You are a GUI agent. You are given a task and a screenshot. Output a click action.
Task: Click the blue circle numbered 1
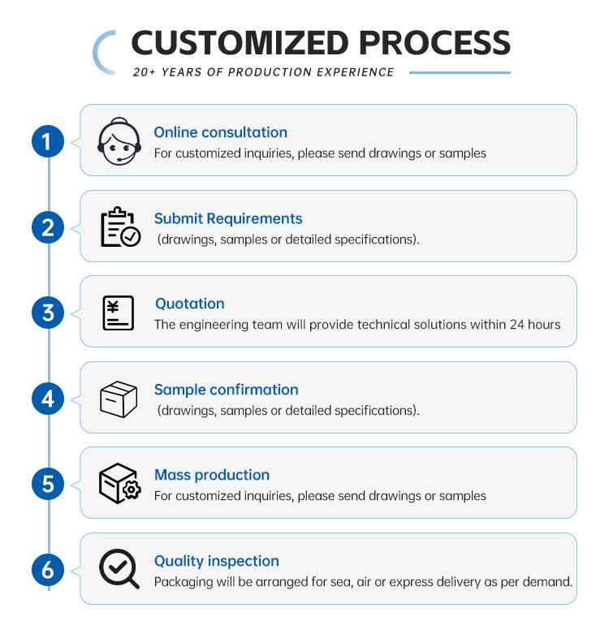tap(48, 141)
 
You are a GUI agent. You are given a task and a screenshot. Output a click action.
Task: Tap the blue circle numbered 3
tap(48, 313)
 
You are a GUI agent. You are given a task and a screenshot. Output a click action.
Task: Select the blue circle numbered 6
tap(48, 570)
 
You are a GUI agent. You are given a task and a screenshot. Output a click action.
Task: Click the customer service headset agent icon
tap(119, 141)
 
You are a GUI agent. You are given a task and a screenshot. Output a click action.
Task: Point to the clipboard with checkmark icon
tap(120, 226)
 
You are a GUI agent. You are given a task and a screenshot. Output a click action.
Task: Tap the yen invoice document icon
tap(118, 313)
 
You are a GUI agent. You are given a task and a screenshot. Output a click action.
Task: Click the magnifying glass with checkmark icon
tap(119, 568)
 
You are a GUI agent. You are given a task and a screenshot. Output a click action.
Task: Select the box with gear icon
tap(119, 483)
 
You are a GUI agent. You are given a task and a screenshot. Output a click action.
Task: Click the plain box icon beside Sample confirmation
tap(119, 399)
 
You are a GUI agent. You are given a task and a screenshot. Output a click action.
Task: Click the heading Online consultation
tap(220, 132)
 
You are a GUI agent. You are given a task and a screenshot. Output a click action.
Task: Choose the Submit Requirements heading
tap(228, 218)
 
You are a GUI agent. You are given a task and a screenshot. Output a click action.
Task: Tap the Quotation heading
tap(190, 304)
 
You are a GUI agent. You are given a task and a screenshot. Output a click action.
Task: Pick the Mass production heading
tap(212, 475)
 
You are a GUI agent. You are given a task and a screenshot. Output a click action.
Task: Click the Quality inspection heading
tap(217, 561)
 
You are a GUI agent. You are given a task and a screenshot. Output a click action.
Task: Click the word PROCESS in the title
tap(434, 42)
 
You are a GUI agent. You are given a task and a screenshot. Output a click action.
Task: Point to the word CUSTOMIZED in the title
tap(240, 42)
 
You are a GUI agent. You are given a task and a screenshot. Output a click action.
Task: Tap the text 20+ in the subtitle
tap(144, 72)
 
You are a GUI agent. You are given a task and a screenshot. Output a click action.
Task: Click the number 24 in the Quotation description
tap(516, 324)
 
